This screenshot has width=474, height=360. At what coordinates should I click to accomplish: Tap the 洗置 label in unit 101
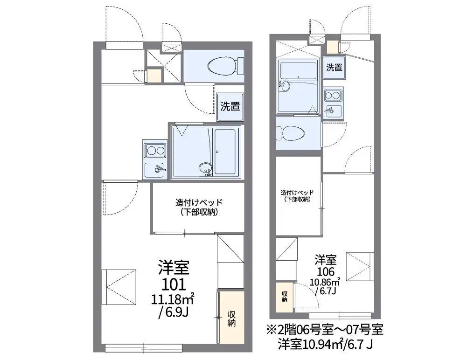click(x=230, y=106)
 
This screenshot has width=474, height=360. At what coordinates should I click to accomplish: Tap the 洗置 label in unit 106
click(x=334, y=68)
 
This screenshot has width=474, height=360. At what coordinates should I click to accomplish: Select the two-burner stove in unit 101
click(x=155, y=151)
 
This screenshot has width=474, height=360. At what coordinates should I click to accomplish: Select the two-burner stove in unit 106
click(x=333, y=96)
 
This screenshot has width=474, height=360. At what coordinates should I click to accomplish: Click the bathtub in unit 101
click(x=225, y=152)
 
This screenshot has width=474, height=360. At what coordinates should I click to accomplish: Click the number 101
click(x=174, y=284)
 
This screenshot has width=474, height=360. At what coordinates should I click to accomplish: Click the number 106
click(x=326, y=271)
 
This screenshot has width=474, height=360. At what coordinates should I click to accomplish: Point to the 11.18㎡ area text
click(x=173, y=299)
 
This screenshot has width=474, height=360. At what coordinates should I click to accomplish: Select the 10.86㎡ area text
click(x=325, y=282)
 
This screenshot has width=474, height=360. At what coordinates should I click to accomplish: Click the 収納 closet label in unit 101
click(x=231, y=318)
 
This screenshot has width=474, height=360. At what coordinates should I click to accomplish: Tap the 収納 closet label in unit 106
click(x=285, y=297)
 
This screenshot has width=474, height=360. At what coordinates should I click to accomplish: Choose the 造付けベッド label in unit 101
click(x=199, y=202)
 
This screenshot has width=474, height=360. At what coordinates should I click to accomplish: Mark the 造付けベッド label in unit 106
click(x=298, y=192)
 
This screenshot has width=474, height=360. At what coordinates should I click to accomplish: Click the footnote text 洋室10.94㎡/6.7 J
click(x=325, y=345)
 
